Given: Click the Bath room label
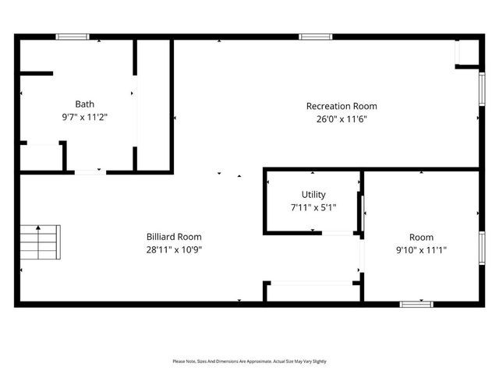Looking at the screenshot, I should point(85,104).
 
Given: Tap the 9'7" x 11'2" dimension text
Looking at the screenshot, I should point(85,117).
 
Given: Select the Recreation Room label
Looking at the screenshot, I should point(342,106).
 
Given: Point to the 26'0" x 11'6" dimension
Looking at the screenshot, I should point(342,119).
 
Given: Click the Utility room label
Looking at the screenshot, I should point(313,194).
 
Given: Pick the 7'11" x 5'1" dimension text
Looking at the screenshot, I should point(313,207).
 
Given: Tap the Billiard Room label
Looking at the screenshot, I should point(174,237).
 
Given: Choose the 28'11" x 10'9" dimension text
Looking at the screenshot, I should point(174,250).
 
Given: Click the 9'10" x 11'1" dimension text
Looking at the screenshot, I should point(422,250).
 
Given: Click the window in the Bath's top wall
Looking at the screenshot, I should point(73,36).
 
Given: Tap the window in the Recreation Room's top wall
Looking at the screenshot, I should point(316,36).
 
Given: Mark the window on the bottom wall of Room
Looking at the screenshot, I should point(416,303).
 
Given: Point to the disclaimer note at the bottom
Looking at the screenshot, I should point(249,362).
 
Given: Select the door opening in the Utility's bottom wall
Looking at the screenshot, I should point(337,233).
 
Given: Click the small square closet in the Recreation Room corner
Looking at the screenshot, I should point(466,52).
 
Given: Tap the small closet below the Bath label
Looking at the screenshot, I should point(43,157).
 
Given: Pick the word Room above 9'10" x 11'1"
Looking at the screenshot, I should point(422,237).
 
